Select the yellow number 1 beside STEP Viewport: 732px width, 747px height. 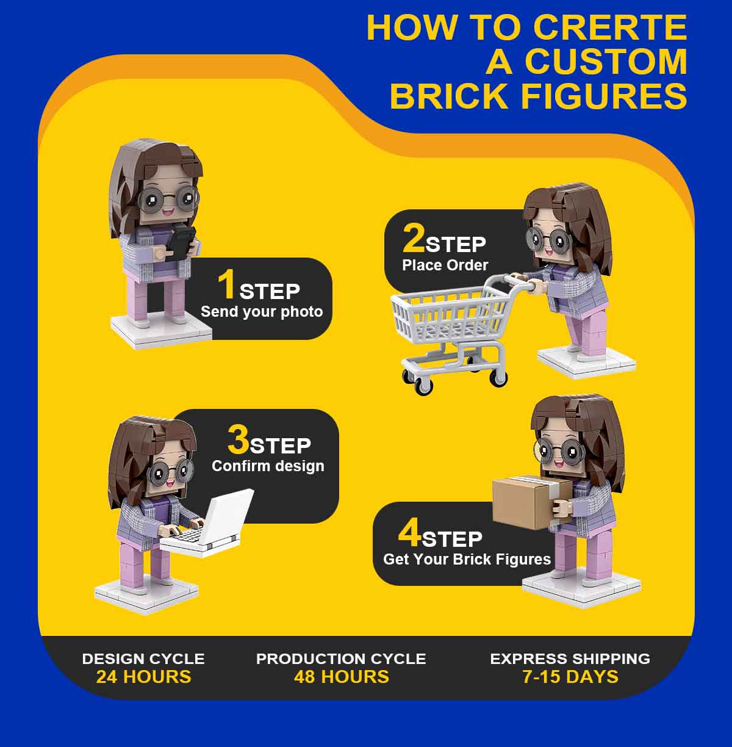[x=227, y=285]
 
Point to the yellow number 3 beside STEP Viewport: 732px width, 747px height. [x=238, y=439]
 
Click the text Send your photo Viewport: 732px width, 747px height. [x=262, y=312]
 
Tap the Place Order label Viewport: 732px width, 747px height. [x=445, y=265]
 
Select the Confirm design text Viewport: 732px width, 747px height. [x=268, y=466]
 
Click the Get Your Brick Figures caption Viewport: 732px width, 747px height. [x=467, y=559]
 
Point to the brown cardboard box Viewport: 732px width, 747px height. [x=531, y=503]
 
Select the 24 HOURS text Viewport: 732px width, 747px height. [x=144, y=677]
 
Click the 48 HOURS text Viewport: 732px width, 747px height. [x=342, y=677]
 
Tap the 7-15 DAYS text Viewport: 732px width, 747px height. [x=570, y=677]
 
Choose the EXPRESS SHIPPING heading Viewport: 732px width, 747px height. [x=570, y=659]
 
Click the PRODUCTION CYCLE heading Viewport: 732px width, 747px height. [x=341, y=659]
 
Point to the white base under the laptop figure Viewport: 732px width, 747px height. [x=146, y=597]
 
